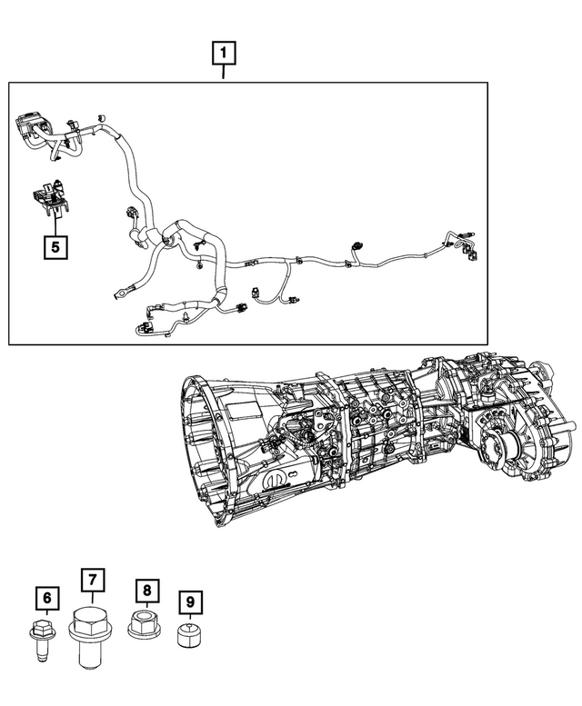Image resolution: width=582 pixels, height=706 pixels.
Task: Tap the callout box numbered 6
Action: (x=47, y=599)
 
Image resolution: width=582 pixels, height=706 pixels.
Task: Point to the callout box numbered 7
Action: (x=91, y=580)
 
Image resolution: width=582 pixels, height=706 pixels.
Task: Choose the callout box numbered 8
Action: (x=145, y=592)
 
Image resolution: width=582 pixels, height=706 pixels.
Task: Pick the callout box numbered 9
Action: (x=190, y=602)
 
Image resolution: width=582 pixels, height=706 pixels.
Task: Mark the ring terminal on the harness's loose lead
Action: (x=120, y=293)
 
